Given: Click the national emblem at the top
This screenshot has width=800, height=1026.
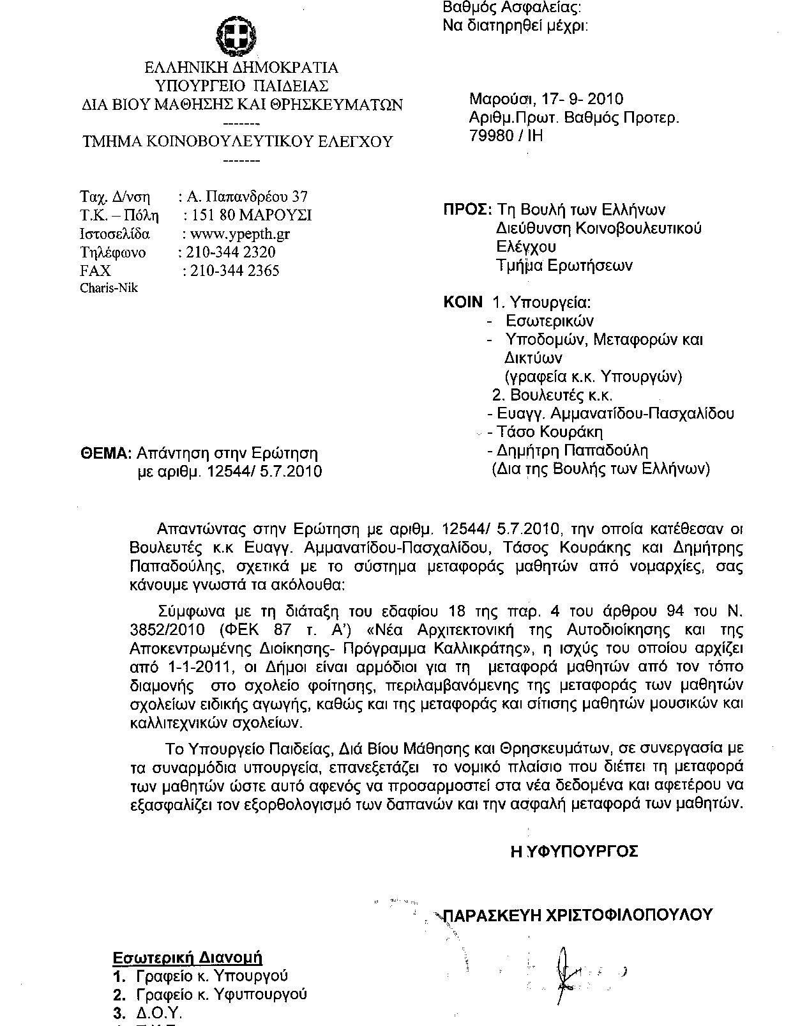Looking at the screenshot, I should click(234, 36).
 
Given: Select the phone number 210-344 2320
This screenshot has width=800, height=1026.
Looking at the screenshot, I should click(230, 252).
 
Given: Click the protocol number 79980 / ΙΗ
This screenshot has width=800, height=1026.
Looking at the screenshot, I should click(506, 136).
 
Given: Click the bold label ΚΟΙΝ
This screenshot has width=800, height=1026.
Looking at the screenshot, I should click(464, 302).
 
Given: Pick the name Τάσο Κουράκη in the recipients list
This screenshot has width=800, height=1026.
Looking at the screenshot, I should click(550, 432).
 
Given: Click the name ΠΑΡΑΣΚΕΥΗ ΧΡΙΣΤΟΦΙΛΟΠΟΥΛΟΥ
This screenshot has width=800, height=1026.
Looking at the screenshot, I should click(577, 915).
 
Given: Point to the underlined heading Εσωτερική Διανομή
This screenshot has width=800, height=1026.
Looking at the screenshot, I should click(188, 958).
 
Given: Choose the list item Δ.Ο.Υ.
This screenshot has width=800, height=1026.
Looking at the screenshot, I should click(160, 1013).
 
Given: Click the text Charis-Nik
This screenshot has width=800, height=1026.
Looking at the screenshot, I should click(109, 287).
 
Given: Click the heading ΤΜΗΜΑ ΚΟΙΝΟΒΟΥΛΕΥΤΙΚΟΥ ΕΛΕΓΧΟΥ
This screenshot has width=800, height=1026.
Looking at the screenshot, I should click(238, 142).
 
